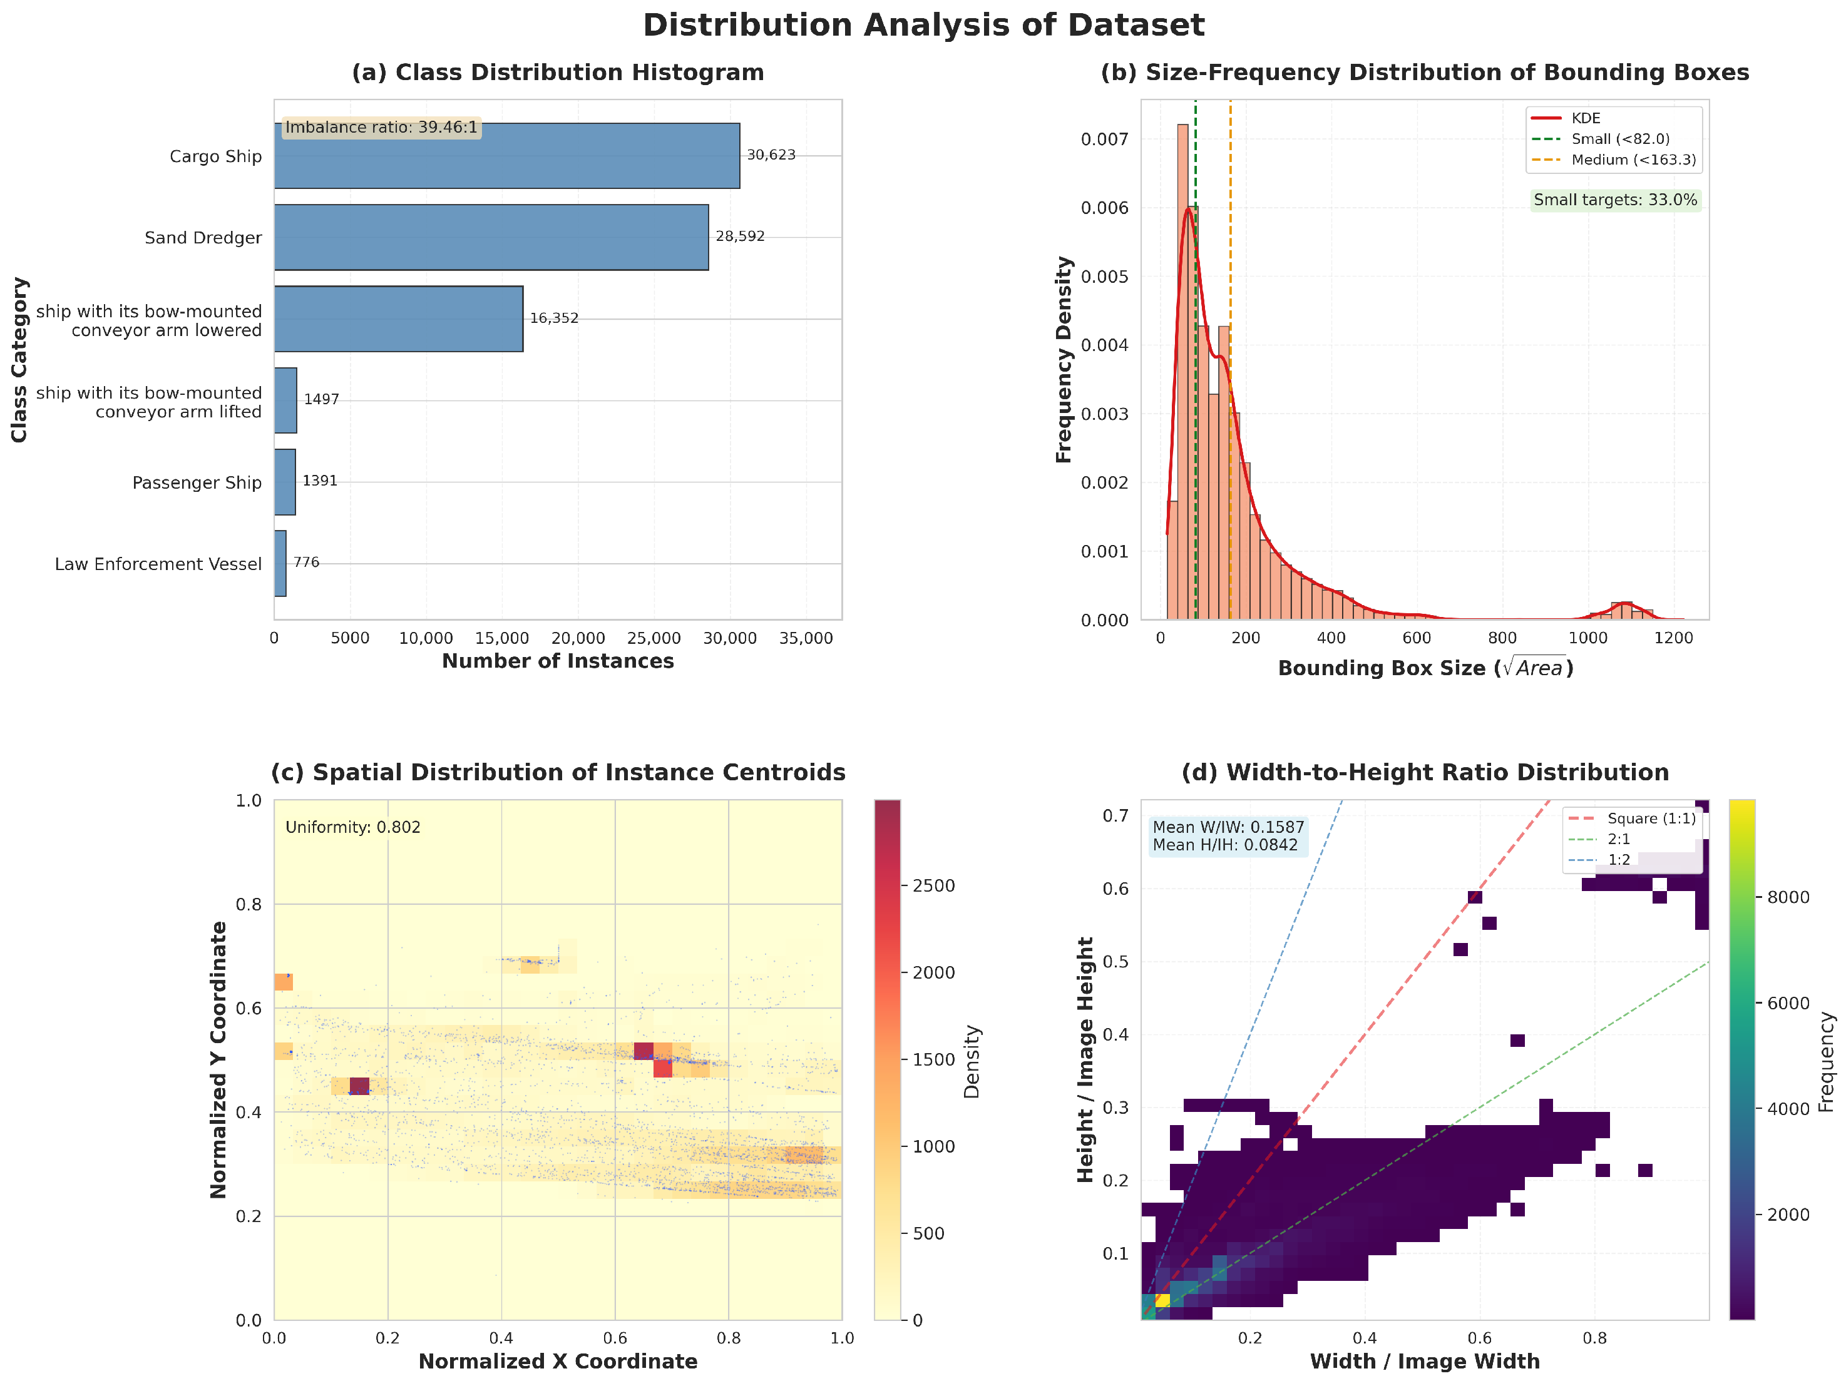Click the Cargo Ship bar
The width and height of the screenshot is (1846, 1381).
pyautogui.click(x=506, y=156)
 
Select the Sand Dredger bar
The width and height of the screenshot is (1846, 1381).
pyautogui.click(x=491, y=238)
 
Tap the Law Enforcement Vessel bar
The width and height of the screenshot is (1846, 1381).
pyautogui.click(x=280, y=564)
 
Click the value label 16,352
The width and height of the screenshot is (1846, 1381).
pyautogui.click(x=554, y=318)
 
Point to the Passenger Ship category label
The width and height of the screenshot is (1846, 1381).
pyautogui.click(x=197, y=483)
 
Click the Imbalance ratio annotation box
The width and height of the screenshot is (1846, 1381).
pyautogui.click(x=381, y=128)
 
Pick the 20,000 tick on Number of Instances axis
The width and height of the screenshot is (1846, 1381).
pyautogui.click(x=578, y=638)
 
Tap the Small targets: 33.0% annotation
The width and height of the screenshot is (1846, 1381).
pyautogui.click(x=1616, y=200)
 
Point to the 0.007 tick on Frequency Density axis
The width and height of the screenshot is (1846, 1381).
pyautogui.click(x=1104, y=140)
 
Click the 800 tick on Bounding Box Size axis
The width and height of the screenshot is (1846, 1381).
pyautogui.click(x=1502, y=638)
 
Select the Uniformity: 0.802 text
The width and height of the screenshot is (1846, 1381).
pyautogui.click(x=353, y=828)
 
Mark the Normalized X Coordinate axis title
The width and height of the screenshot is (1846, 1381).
pyautogui.click(x=558, y=1362)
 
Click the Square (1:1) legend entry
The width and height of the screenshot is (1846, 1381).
pyautogui.click(x=1631, y=818)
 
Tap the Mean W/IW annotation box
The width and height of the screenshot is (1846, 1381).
pyautogui.click(x=1228, y=836)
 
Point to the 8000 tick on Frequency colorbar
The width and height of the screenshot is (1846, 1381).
pyautogui.click(x=1788, y=898)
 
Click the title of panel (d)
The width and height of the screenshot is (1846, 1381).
pyautogui.click(x=1425, y=773)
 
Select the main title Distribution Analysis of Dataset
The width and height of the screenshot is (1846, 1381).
pyautogui.click(x=923, y=25)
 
